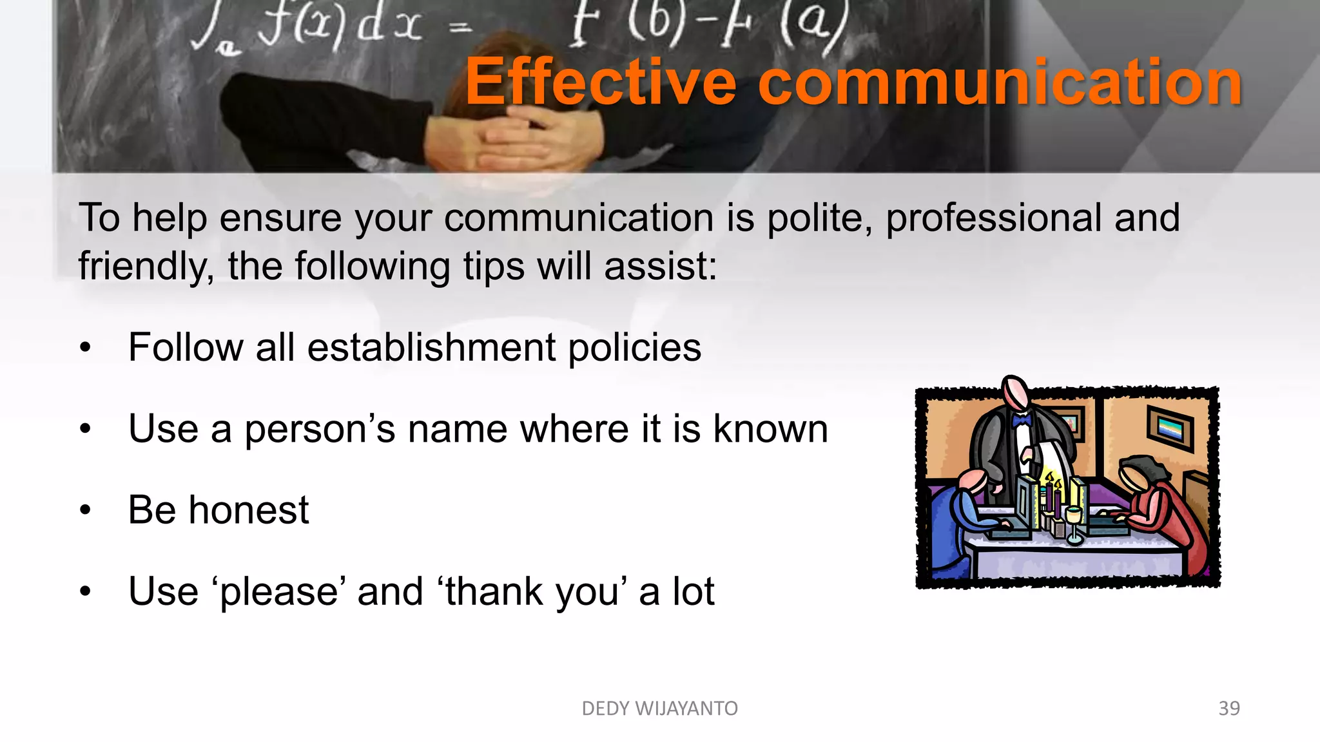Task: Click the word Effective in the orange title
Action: pos(601,82)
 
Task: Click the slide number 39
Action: pos(1229,708)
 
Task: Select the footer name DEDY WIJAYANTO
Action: pos(659,708)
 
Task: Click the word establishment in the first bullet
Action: pos(431,347)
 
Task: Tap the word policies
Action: pos(634,348)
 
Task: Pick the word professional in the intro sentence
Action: pos(993,218)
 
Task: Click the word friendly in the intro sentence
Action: pos(145,266)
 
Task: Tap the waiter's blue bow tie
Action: pos(1021,421)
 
